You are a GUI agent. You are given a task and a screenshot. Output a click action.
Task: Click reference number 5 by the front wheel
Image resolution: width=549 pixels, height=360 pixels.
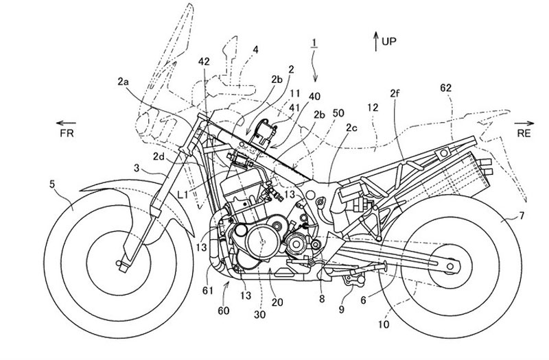pyautogui.click(x=52, y=184)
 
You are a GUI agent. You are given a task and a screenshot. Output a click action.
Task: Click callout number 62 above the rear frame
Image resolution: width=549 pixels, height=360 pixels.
pyautogui.click(x=446, y=88)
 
